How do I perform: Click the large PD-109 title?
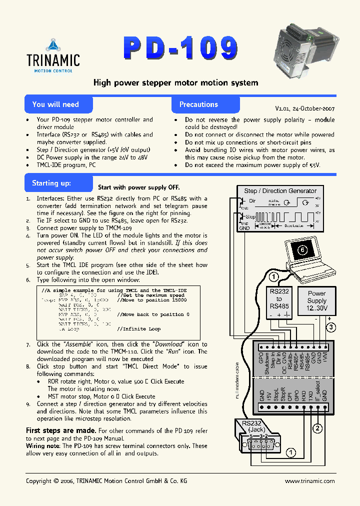coord(180,48)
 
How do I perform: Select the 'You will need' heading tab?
coord(55,104)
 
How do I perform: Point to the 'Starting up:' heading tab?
coord(52,183)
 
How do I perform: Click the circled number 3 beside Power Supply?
coord(330,327)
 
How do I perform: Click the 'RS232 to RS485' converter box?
coord(279,303)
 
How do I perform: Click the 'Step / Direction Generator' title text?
coord(280,190)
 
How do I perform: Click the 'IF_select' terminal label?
coord(317,392)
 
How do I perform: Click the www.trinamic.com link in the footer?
coord(309,480)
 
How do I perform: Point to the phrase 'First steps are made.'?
coord(61,430)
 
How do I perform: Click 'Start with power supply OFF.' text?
coord(138,187)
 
